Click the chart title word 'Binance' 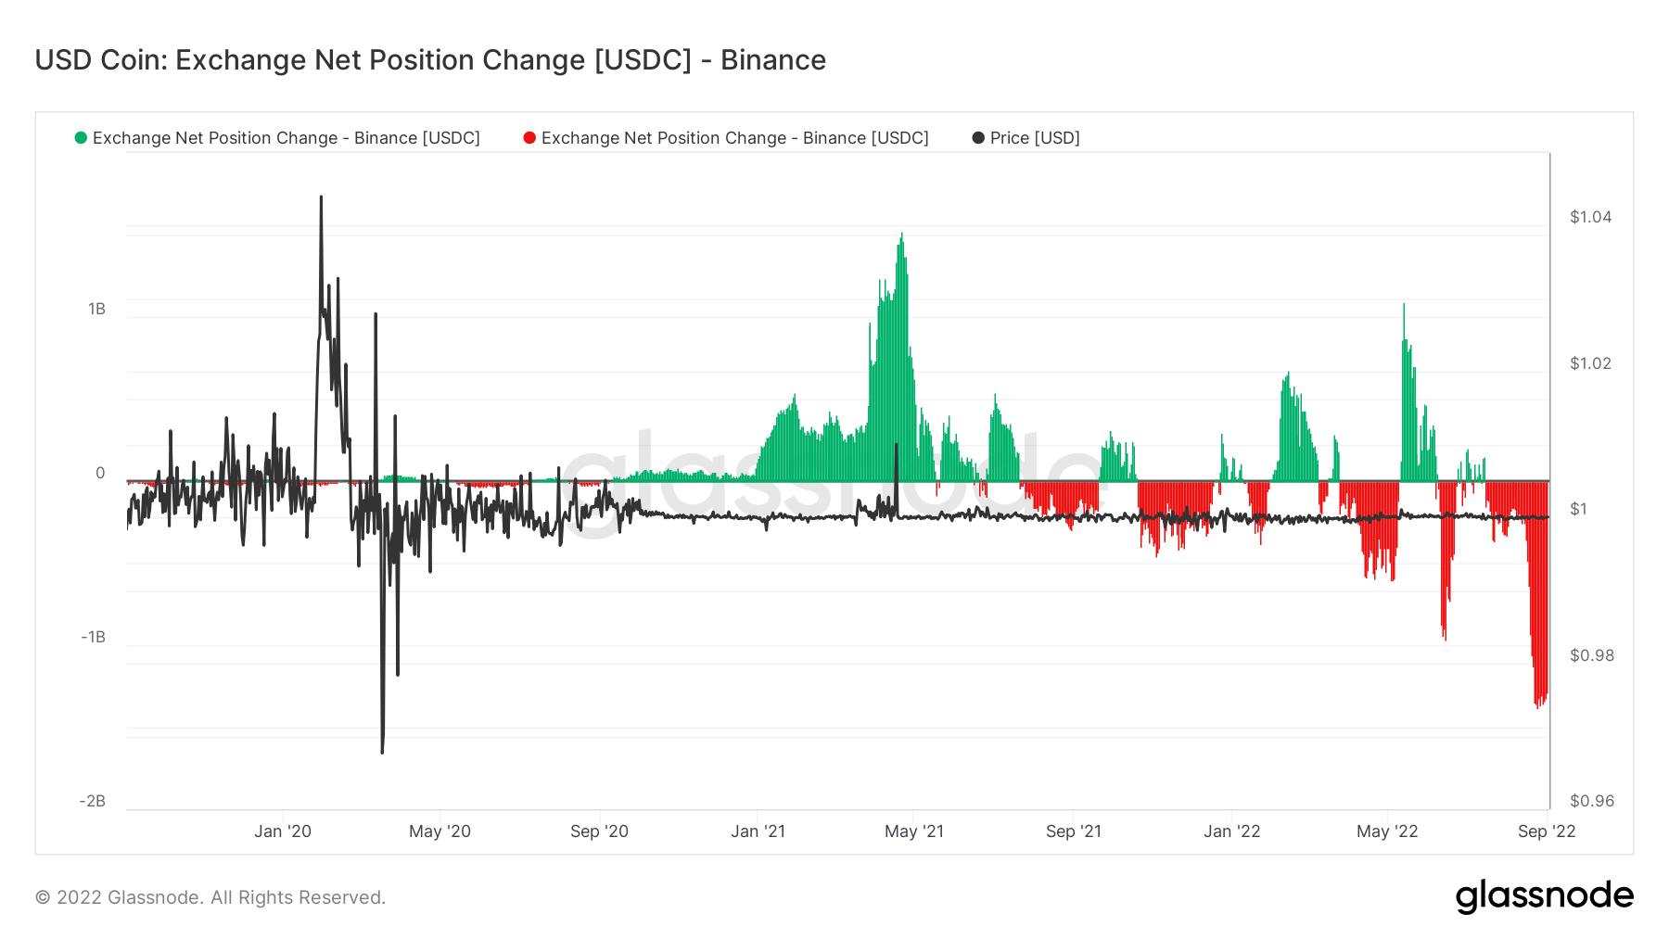click(772, 60)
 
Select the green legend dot click(81, 138)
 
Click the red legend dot click(529, 138)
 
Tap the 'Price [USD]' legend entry click(1034, 138)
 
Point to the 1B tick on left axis click(96, 309)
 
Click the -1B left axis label click(93, 637)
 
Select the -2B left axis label click(92, 801)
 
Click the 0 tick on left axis click(100, 473)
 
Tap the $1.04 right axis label click(1590, 217)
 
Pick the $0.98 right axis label click(1590, 655)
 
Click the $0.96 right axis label click(1590, 801)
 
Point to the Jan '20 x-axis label click(283, 831)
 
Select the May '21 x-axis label click(913, 831)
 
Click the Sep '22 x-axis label click(1546, 831)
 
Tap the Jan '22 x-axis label click(1231, 831)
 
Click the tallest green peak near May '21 click(901, 235)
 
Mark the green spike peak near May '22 click(1404, 305)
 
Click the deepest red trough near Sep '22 click(1537, 707)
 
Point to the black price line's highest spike click(321, 197)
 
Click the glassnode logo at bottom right click(1544, 896)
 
